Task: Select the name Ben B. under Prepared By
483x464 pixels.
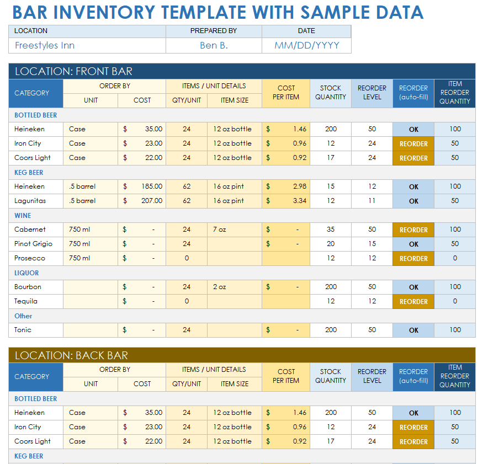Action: pyautogui.click(x=214, y=46)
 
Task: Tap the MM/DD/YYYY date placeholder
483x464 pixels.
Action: pyautogui.click(x=306, y=46)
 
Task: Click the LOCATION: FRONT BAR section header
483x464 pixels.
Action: pyautogui.click(x=73, y=71)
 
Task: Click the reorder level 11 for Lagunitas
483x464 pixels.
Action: pyautogui.click(x=371, y=201)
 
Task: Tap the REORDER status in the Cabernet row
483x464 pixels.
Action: pyautogui.click(x=413, y=230)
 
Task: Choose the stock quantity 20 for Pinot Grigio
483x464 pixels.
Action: pyautogui.click(x=330, y=244)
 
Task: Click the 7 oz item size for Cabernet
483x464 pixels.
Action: pyautogui.click(x=220, y=230)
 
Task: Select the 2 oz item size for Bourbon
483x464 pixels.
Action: pyautogui.click(x=220, y=287)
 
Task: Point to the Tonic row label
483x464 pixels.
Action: pyautogui.click(x=23, y=330)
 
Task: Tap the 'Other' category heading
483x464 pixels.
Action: pyautogui.click(x=23, y=316)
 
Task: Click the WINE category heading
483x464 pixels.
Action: pyautogui.click(x=23, y=216)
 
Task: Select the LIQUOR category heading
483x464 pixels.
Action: pyautogui.click(x=26, y=273)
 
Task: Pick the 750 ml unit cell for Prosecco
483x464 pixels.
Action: pyautogui.click(x=80, y=258)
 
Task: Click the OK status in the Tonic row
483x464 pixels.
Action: pyautogui.click(x=413, y=330)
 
